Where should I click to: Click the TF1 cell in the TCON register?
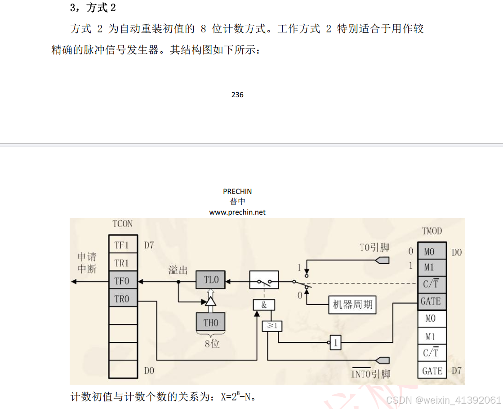(122, 245)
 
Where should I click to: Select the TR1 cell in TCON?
(122, 263)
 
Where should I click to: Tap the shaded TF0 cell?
(122, 281)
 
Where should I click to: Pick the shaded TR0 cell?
(122, 299)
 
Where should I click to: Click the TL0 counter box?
(211, 280)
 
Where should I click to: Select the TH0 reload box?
(211, 322)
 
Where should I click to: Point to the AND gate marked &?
(264, 305)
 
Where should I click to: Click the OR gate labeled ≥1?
(272, 326)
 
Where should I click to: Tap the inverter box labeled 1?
(335, 343)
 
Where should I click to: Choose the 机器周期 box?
(353, 305)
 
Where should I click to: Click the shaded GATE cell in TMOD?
(431, 301)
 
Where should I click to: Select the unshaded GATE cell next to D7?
(432, 371)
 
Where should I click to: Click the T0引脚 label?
(374, 247)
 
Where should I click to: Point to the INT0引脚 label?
(370, 373)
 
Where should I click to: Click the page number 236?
(237, 95)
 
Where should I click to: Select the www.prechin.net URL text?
(237, 212)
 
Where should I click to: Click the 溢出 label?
(178, 270)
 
